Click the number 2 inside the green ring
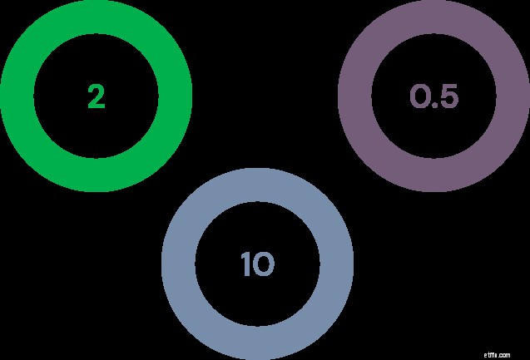coord(97,96)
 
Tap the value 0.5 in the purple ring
coord(434,96)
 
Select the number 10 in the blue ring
coord(258,264)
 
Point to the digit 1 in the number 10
coord(245,264)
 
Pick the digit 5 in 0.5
coord(449,96)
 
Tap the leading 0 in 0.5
coord(419,96)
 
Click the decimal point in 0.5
coord(435,105)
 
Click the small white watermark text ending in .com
coord(497,355)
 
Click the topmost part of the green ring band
coord(97,17)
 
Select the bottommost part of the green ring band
coord(97,175)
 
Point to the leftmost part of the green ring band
coord(17,96)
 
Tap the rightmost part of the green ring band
coord(176,96)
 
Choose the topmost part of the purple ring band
coord(434,17)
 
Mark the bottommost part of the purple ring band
coord(434,175)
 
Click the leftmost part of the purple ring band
coord(354,96)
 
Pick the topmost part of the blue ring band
coord(258,185)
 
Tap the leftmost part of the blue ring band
coord(178,264)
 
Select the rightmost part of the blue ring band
coord(337,264)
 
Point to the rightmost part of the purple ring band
coord(513,96)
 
